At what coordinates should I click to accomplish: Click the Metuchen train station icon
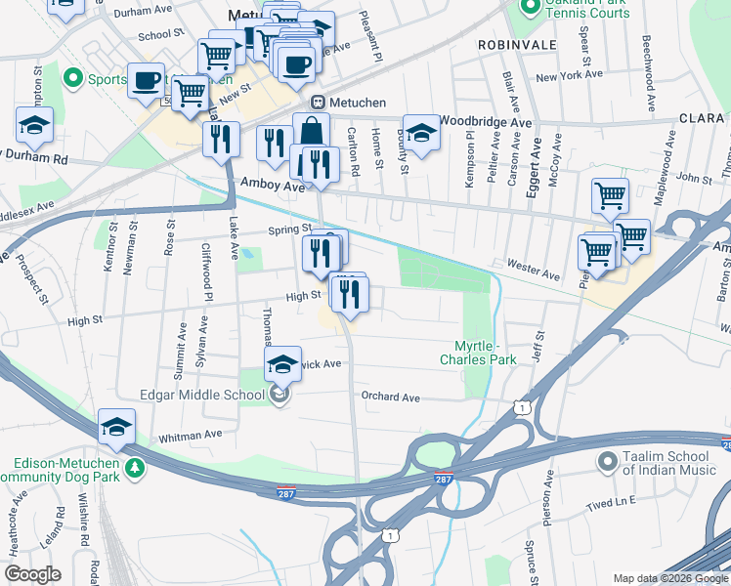click(318, 103)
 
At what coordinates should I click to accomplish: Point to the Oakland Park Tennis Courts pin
click(531, 9)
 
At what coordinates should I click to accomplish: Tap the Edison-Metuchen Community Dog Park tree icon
click(134, 469)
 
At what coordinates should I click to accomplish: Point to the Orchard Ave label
click(390, 398)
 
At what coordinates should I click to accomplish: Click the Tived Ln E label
click(612, 501)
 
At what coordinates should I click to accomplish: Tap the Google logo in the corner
click(32, 574)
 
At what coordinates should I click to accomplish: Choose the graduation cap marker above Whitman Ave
click(115, 427)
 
